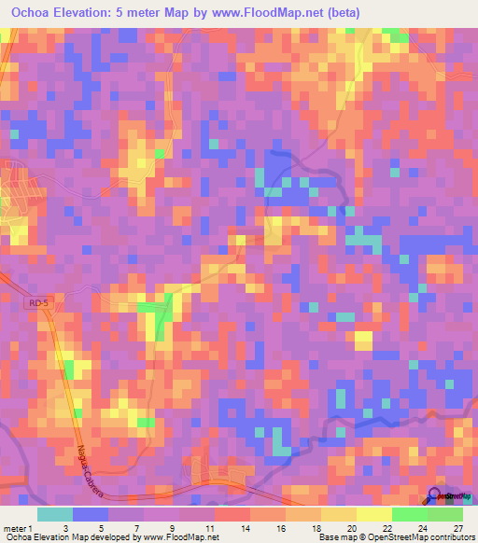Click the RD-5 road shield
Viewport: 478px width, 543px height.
pyautogui.click(x=35, y=303)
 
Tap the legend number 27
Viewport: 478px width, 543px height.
pyautogui.click(x=457, y=527)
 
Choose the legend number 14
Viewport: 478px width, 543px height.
pyautogui.click(x=245, y=527)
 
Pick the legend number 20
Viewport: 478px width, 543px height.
pyautogui.click(x=351, y=527)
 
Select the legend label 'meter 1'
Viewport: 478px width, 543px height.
pyautogui.click(x=18, y=527)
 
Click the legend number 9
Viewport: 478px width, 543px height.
pyautogui.click(x=174, y=527)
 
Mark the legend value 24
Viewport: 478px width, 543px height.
pyautogui.click(x=422, y=527)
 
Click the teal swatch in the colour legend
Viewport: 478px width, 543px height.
pyautogui.click(x=55, y=514)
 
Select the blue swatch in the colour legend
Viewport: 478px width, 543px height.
pyautogui.click(x=91, y=514)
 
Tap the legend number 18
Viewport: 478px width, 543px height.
pyautogui.click(x=316, y=527)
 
